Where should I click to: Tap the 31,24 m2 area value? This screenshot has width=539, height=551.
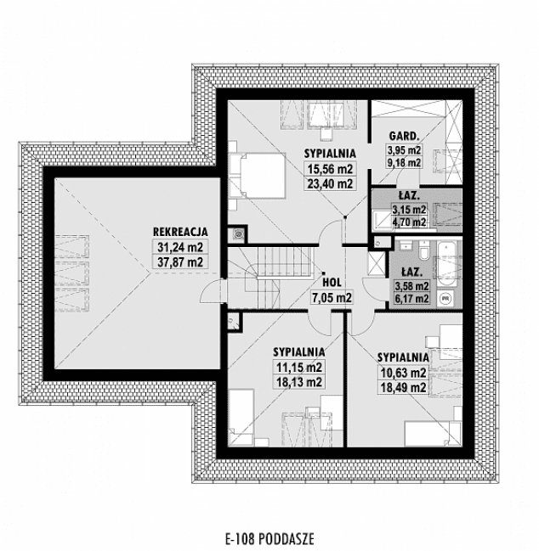coord(179,247)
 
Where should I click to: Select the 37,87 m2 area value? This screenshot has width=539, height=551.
coord(179,261)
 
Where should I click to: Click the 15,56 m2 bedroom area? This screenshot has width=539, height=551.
coord(330,168)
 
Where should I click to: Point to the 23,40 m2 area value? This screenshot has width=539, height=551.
coord(330,183)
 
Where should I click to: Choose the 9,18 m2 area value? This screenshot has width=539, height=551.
coord(405,164)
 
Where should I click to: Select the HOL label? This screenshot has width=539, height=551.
coord(332,284)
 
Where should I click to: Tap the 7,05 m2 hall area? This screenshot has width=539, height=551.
coord(332,298)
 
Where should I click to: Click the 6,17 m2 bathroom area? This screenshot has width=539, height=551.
coord(412,300)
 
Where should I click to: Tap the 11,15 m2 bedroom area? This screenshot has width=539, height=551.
coord(298,368)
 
